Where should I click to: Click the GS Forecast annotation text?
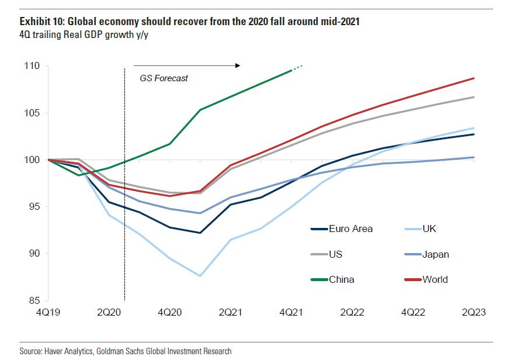pyautogui.click(x=164, y=78)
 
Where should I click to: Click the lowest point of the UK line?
pyautogui.click(x=200, y=275)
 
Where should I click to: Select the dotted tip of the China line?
pyautogui.click(x=298, y=67)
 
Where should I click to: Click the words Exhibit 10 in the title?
pyautogui.click(x=41, y=22)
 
